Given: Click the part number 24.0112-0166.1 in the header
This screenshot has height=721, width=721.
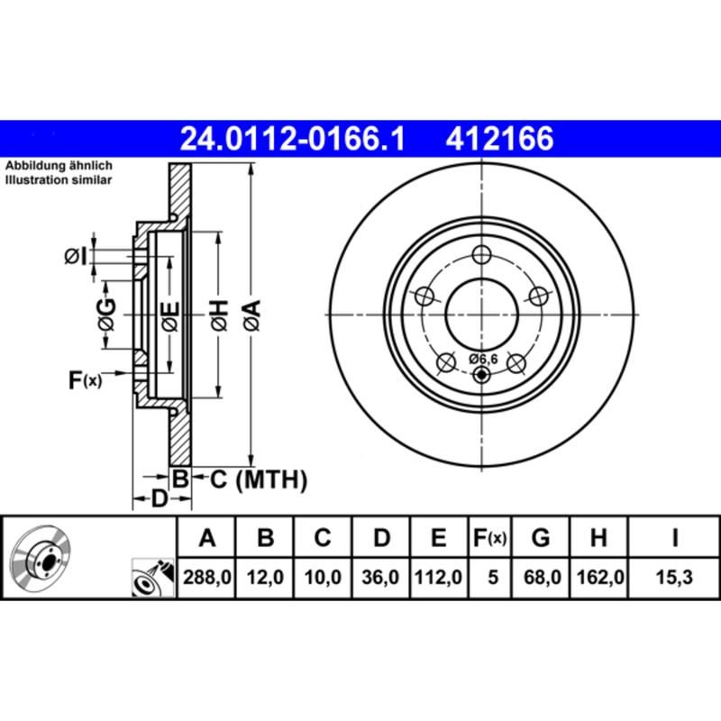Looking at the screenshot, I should tap(294, 140).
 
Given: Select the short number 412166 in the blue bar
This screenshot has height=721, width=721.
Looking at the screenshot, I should tap(496, 140).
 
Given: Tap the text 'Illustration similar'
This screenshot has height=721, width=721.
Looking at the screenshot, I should tap(59, 180).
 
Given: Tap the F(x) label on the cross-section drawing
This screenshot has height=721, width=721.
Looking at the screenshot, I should tap(86, 380).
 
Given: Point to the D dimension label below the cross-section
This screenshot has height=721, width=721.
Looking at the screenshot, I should tap(158, 497).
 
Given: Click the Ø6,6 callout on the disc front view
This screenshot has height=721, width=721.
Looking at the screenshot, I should tap(483, 359).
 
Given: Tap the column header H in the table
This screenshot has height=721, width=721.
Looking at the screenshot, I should tap(598, 538).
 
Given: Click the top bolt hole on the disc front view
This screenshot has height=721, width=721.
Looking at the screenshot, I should tap(484, 254).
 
